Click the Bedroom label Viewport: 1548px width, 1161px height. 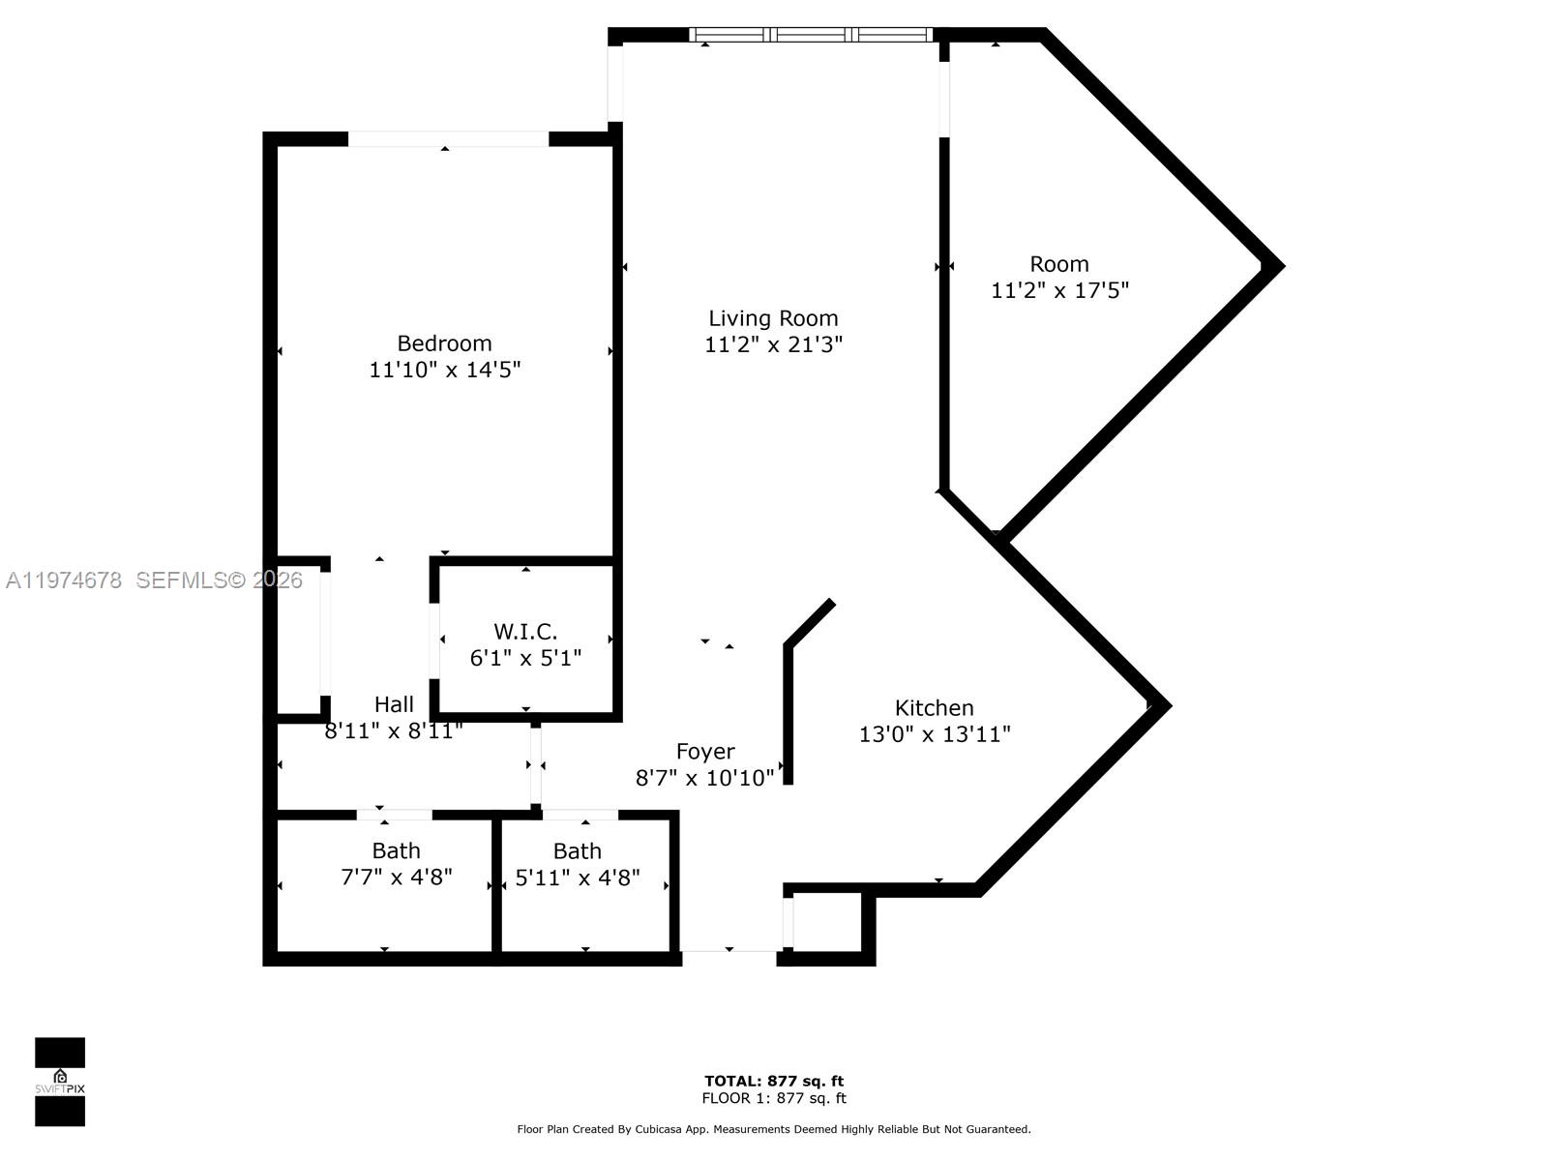pyautogui.click(x=444, y=343)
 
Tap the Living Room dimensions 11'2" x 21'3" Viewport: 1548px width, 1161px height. pyautogui.click(x=773, y=344)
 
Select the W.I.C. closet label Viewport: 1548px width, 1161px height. pyautogui.click(x=525, y=632)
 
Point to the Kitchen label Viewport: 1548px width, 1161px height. pyautogui.click(x=934, y=708)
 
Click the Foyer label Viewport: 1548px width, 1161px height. pyautogui.click(x=705, y=752)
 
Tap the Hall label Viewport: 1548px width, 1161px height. pyautogui.click(x=394, y=704)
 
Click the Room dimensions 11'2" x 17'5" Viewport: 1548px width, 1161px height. pyautogui.click(x=1059, y=290)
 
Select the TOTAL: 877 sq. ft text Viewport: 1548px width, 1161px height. pyautogui.click(x=773, y=1081)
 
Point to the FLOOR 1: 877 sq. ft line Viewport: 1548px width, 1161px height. pyautogui.click(x=773, y=1098)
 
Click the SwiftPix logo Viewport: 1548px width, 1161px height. pyautogui.click(x=60, y=1082)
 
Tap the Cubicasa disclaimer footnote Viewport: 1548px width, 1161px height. pyautogui.click(x=773, y=1129)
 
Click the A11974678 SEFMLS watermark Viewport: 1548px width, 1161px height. pyautogui.click(x=154, y=580)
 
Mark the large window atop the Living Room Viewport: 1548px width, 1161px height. pyautogui.click(x=811, y=35)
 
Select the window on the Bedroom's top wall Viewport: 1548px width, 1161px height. pyautogui.click(x=448, y=139)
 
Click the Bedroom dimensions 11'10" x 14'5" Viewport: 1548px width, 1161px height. pyautogui.click(x=444, y=370)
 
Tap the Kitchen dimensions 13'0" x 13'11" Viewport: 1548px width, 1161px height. pyautogui.click(x=934, y=734)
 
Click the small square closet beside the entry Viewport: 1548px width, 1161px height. pyautogui.click(x=827, y=923)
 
